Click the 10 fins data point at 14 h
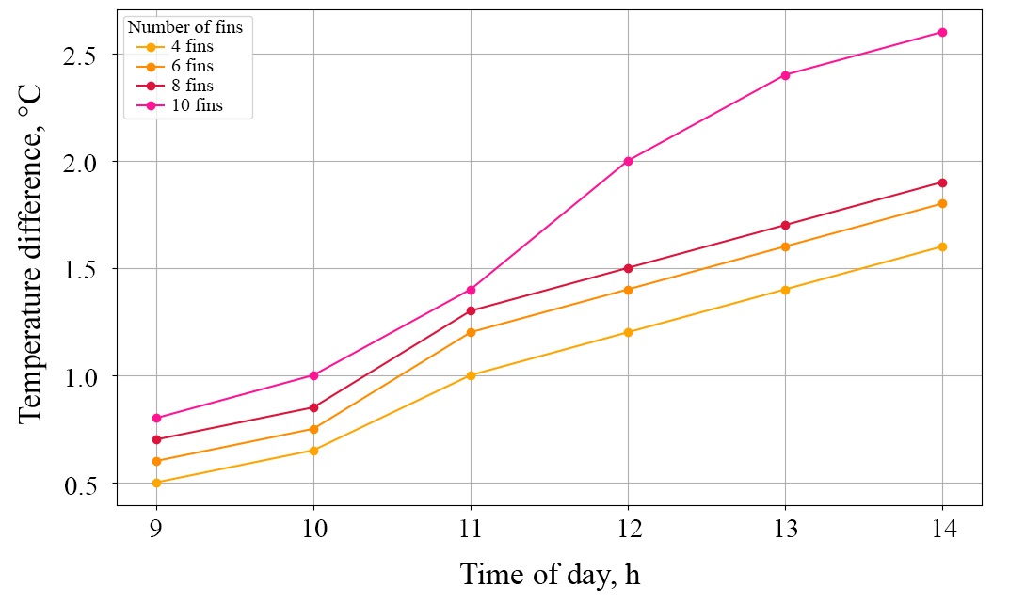click(942, 32)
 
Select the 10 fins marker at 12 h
click(628, 161)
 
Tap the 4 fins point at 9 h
click(156, 483)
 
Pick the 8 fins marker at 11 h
click(471, 310)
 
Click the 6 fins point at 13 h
click(785, 246)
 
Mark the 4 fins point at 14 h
click(942, 246)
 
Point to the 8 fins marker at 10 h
click(313, 407)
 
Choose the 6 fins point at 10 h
click(313, 429)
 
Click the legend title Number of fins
click(185, 27)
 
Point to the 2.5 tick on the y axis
click(87, 55)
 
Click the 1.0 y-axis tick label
click(87, 376)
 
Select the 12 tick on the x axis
click(628, 529)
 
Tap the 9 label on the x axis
click(156, 529)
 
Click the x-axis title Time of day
click(550, 574)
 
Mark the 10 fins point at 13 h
click(785, 75)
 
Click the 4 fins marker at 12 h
click(628, 332)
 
